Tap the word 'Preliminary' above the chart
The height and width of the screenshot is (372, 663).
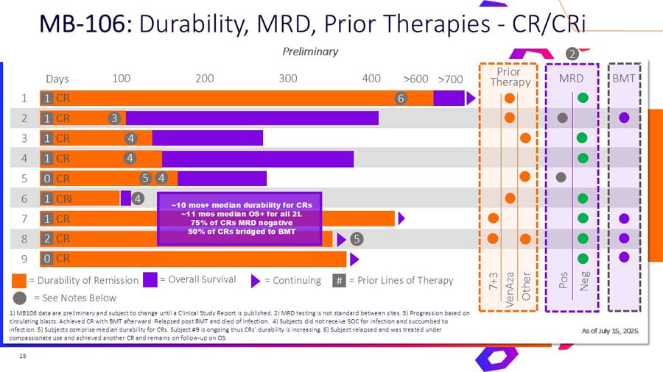310,51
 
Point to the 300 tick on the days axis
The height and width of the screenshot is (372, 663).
288,79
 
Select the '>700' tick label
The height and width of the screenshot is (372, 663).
450,79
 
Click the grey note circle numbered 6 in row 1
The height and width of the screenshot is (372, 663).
401,98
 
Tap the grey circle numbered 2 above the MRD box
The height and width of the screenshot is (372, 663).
571,53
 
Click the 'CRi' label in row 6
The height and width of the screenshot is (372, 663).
65,198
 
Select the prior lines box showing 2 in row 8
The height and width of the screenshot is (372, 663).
46,238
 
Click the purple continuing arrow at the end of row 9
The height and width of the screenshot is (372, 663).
354,259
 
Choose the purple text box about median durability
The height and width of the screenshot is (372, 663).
241,218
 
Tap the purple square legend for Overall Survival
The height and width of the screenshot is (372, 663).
150,279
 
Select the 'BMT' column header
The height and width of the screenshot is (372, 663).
625,77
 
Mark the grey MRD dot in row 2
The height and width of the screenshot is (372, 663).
562,118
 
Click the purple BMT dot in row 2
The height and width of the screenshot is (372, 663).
624,118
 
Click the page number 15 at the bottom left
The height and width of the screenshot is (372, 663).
23,357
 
